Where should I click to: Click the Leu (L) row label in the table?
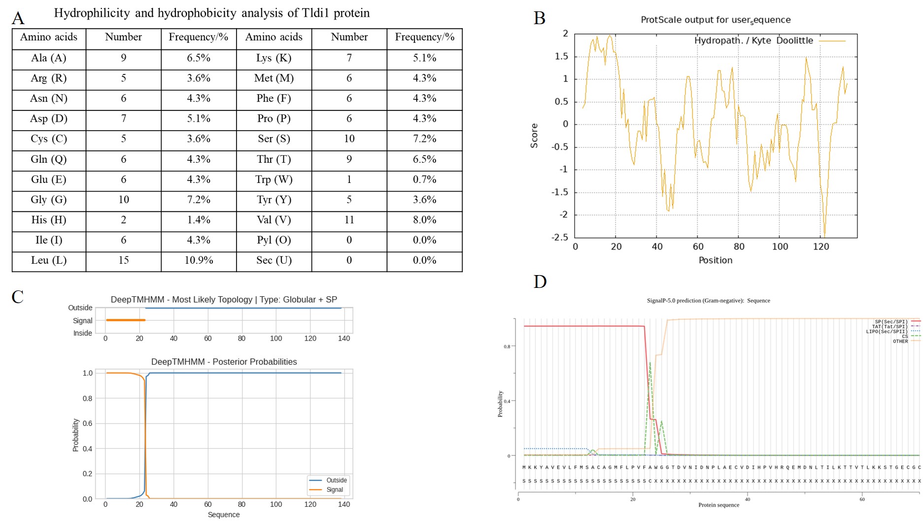pyautogui.click(x=48, y=260)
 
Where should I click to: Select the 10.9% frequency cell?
pyautogui.click(x=199, y=260)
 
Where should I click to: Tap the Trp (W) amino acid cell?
pyautogui.click(x=273, y=179)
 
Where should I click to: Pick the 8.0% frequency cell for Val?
pyautogui.click(x=424, y=220)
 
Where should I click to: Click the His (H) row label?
pyautogui.click(x=48, y=220)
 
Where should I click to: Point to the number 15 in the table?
pyautogui.click(x=123, y=260)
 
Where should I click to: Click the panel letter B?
pyautogui.click(x=540, y=18)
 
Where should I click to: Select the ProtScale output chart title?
pyautogui.click(x=715, y=20)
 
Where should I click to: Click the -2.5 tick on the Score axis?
pyautogui.click(x=559, y=238)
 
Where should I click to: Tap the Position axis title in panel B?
pyautogui.click(x=715, y=260)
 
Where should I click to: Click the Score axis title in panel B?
pyautogui.click(x=534, y=136)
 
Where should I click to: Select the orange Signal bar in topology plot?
pyautogui.click(x=126, y=320)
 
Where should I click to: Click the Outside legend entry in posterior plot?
pyautogui.click(x=336, y=480)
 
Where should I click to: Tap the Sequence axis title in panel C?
pyautogui.click(x=223, y=515)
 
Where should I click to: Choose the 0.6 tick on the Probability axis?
pyautogui.click(x=87, y=423)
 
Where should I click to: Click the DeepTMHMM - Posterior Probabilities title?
pyautogui.click(x=224, y=362)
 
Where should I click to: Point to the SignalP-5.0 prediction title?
pyautogui.click(x=708, y=301)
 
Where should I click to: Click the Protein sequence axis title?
pyautogui.click(x=718, y=505)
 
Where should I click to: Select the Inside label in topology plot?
pyautogui.click(x=82, y=333)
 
